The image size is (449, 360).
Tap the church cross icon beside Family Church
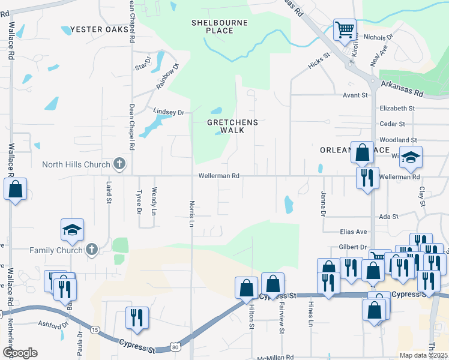tap(92, 250)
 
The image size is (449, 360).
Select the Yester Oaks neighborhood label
tap(100, 29)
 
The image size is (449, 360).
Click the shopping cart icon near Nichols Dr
tap(345, 29)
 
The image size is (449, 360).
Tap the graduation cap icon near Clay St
tap(411, 157)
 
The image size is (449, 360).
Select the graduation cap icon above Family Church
tap(72, 230)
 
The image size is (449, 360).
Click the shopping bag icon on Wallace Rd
tap(16, 190)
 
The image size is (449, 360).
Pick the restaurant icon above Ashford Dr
tap(137, 317)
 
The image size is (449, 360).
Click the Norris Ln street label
tap(192, 214)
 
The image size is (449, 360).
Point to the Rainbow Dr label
tap(168, 77)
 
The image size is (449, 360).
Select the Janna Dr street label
tap(323, 205)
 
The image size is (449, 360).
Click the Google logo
tap(19, 353)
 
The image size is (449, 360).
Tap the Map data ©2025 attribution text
tap(424, 355)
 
